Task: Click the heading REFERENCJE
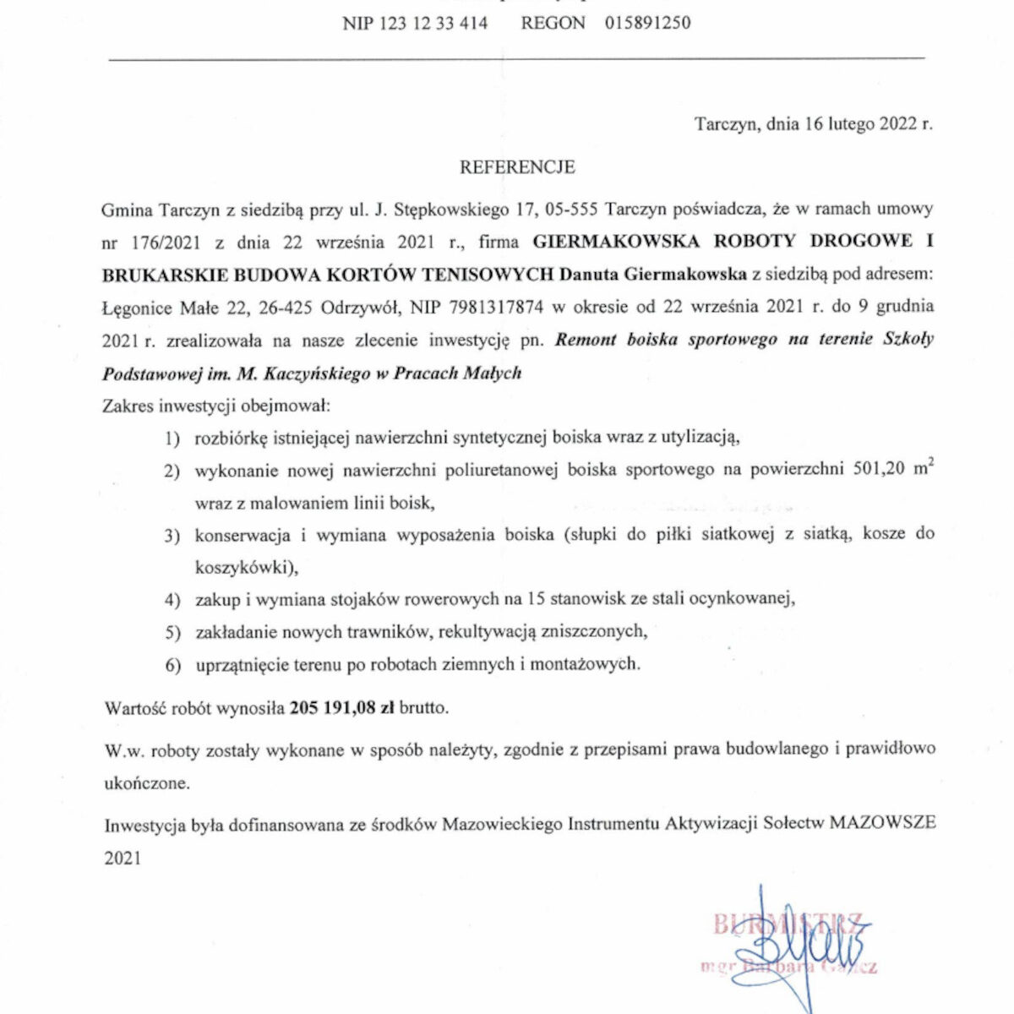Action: tap(517, 167)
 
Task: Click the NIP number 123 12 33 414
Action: tap(415, 24)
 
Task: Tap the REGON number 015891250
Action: tap(647, 24)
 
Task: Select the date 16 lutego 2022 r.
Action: tap(869, 124)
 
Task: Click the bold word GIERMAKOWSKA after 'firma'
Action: tap(616, 242)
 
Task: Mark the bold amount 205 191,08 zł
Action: tap(342, 708)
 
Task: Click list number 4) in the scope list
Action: tap(172, 600)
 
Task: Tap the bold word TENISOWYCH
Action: tap(491, 275)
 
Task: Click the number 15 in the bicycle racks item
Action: tap(535, 600)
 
